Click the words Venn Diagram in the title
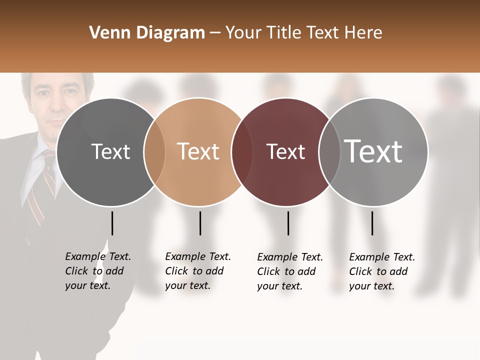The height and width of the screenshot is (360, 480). pyautogui.click(x=147, y=33)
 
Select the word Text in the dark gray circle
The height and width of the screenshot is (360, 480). pyautogui.click(x=111, y=151)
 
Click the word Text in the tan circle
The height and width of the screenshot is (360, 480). pyautogui.click(x=198, y=151)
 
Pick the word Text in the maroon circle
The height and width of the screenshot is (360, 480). pyautogui.click(x=285, y=151)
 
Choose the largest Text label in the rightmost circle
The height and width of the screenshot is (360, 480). pyautogui.click(x=373, y=151)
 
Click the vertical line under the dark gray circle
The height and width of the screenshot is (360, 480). pyautogui.click(x=112, y=223)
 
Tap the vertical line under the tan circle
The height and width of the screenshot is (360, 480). pyautogui.click(x=200, y=223)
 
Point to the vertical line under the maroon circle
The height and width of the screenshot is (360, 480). pyautogui.click(x=288, y=223)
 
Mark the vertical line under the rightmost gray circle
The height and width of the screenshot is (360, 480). pyautogui.click(x=372, y=223)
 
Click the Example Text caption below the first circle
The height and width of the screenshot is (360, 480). pyautogui.click(x=97, y=271)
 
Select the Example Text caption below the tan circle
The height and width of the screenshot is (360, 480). pyautogui.click(x=197, y=271)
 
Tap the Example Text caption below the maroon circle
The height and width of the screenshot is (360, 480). pyautogui.click(x=289, y=271)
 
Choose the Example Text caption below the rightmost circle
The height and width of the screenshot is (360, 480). pyautogui.click(x=381, y=271)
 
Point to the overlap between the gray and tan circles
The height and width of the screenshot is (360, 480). pyautogui.click(x=154, y=151)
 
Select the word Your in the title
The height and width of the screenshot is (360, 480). pyautogui.click(x=243, y=33)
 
